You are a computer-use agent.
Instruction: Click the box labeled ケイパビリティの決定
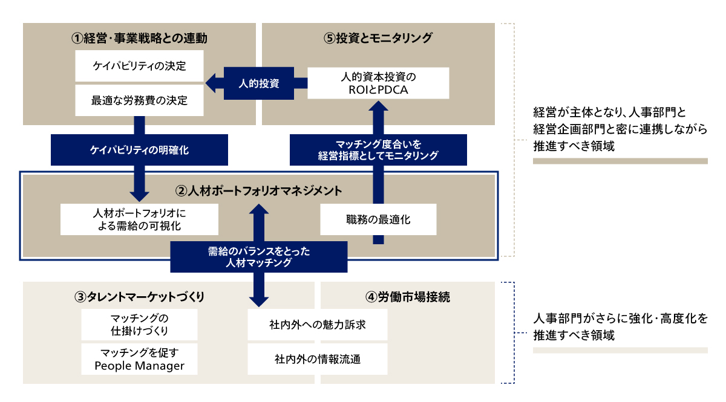pyautogui.click(x=139, y=66)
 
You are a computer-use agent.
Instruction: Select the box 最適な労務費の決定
pyautogui.click(x=139, y=100)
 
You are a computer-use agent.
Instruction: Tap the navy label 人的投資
pyautogui.click(x=259, y=83)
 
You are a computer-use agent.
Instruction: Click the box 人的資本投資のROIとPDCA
pyautogui.click(x=378, y=83)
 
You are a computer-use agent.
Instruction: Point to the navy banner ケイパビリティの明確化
pyautogui.click(x=139, y=150)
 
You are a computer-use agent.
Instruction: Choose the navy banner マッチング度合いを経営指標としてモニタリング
pyautogui.click(x=379, y=149)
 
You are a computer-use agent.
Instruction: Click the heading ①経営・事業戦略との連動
pyautogui.click(x=139, y=38)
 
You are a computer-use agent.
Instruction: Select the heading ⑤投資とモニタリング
pyautogui.click(x=378, y=38)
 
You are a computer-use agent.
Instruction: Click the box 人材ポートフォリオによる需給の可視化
pyautogui.click(x=139, y=219)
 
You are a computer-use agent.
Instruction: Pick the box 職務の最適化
pyautogui.click(x=378, y=219)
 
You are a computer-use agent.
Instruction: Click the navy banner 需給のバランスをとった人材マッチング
pyautogui.click(x=259, y=257)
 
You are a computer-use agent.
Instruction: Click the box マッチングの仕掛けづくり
pyautogui.click(x=139, y=325)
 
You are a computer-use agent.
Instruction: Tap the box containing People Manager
pyautogui.click(x=139, y=359)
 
